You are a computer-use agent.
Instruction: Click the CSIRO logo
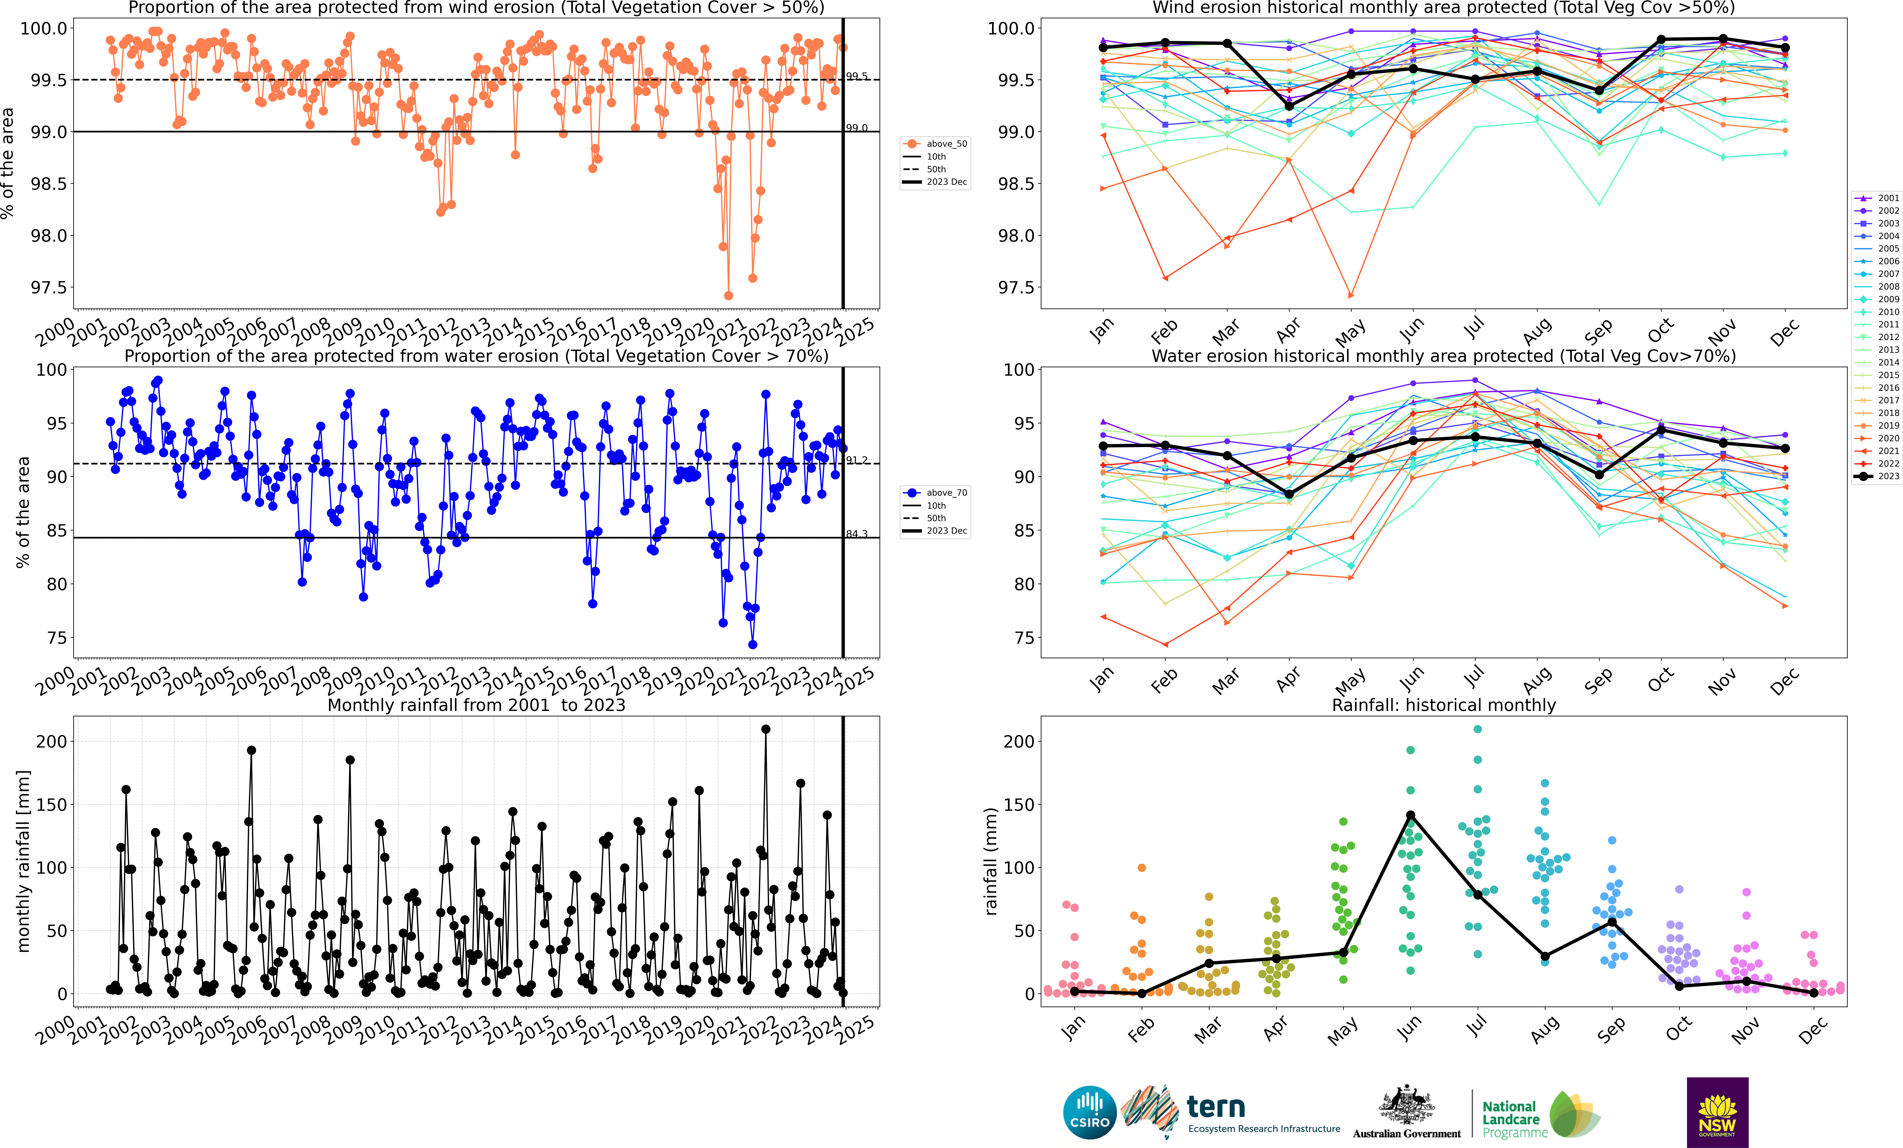pos(1090,1113)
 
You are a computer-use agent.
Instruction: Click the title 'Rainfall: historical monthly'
pos(1443,705)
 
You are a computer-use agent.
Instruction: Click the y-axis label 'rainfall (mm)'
pos(991,861)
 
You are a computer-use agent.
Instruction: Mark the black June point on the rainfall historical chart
pos(1410,815)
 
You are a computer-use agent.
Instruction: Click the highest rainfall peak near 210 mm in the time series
pos(765,729)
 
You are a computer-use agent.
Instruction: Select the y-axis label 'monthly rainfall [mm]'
pos(23,861)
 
